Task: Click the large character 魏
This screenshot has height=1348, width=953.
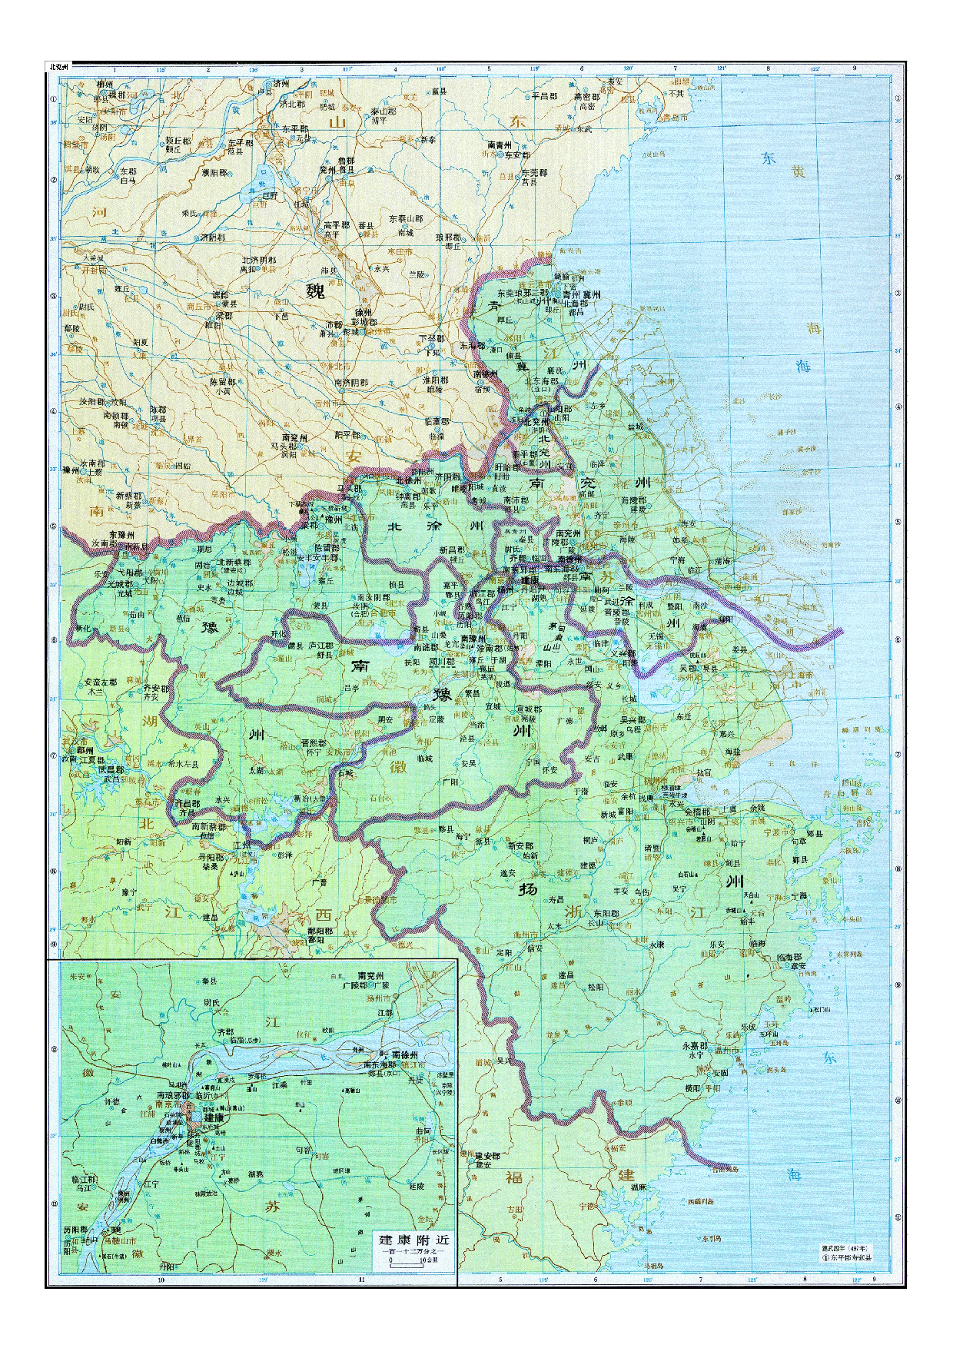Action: click(315, 291)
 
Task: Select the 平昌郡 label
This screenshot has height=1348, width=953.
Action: click(544, 96)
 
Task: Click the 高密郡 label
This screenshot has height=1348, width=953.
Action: click(587, 97)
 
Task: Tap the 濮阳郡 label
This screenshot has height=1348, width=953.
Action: click(214, 173)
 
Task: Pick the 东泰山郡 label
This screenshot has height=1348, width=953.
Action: click(406, 219)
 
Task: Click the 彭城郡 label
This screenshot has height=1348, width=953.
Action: click(364, 323)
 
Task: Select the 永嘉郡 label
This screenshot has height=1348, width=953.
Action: click(695, 1046)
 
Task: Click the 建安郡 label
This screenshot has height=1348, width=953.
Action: click(486, 1156)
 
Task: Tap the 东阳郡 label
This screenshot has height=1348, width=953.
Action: click(606, 914)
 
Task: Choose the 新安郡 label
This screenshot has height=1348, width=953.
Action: click(520, 846)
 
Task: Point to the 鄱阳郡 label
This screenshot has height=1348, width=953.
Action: click(320, 931)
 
